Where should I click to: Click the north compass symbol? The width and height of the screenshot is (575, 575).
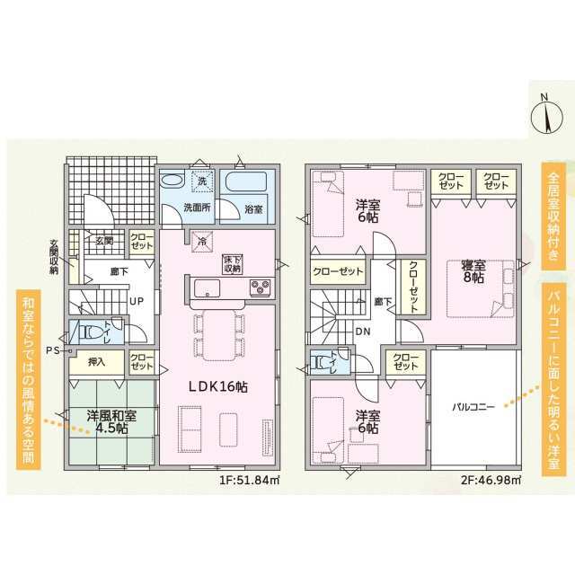546,117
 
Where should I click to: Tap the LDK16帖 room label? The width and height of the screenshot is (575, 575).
217,387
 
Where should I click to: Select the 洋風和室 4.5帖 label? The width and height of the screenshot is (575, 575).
111,421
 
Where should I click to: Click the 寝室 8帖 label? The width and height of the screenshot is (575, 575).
473,271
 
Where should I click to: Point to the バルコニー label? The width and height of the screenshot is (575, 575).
473,407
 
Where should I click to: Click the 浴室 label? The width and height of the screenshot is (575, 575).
253,209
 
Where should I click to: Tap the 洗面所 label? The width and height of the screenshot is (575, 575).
197,208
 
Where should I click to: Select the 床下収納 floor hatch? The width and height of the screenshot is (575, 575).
233,264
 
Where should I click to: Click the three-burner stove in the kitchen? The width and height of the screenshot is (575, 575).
260,287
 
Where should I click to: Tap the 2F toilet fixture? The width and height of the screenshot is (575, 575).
322,362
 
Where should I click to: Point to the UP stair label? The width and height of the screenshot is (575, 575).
137,302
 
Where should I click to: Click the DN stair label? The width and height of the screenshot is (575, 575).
363,332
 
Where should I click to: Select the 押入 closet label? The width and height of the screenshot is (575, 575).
96,362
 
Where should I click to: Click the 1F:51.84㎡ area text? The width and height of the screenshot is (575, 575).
250,480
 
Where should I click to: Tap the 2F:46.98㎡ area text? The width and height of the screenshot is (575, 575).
491,480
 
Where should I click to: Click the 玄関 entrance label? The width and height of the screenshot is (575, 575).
104,242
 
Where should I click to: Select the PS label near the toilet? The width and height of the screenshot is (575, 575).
54,350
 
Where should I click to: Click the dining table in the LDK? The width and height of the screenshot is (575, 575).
219,335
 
